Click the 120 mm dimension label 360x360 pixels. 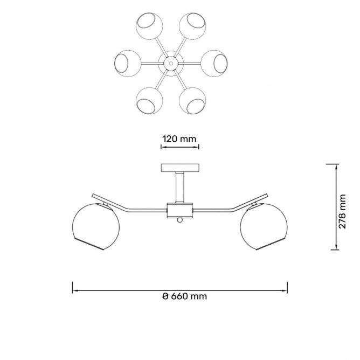point(179,139)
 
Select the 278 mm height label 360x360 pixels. point(342,211)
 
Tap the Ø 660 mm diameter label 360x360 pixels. point(185,296)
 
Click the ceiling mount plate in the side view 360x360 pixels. point(180,168)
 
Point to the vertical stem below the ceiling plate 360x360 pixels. point(180,188)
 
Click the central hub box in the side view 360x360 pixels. point(180,210)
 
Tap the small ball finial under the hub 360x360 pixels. point(180,220)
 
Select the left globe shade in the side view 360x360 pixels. point(96,226)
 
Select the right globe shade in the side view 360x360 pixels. point(264,226)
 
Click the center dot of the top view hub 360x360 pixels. point(171,63)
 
